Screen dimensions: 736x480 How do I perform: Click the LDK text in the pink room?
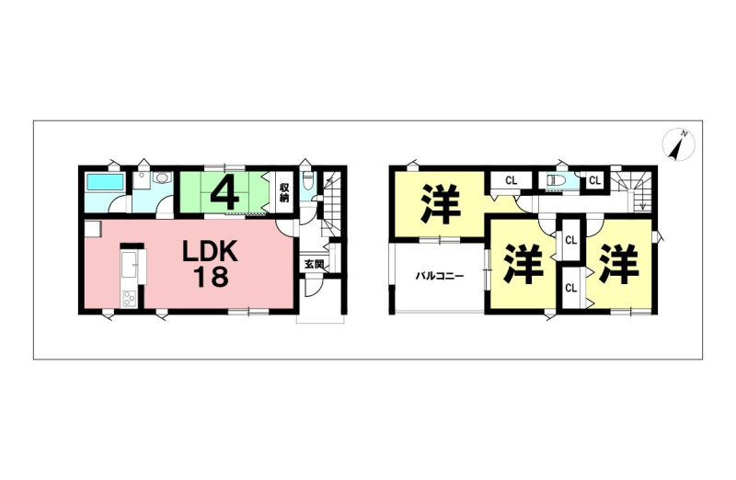tap(210, 252)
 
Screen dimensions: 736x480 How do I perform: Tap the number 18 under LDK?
tap(211, 277)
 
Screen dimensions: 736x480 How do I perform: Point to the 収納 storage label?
tap(284, 192)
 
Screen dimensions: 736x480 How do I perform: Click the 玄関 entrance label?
tap(314, 265)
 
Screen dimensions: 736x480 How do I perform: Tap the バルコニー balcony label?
tap(440, 276)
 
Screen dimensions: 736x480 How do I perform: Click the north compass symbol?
tap(679, 144)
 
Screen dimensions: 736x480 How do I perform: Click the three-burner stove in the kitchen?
tap(129, 299)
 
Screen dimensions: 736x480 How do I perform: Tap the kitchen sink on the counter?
tap(129, 266)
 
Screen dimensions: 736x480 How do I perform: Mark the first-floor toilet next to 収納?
tap(308, 179)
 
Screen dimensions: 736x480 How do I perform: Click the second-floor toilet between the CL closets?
tap(555, 180)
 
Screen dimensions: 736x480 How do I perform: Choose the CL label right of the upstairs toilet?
tap(594, 180)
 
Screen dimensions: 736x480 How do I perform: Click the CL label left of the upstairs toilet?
tap(512, 180)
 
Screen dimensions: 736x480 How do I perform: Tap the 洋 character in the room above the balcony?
tap(441, 203)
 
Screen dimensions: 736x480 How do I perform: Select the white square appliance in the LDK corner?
tap(93, 230)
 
